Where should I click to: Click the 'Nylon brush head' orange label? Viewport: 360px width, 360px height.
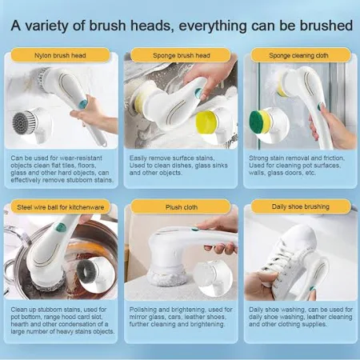60,55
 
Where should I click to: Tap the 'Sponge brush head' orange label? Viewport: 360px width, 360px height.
181,55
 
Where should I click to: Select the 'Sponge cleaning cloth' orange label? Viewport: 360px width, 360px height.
300,55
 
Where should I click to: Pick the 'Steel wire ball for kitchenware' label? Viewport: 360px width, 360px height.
60,207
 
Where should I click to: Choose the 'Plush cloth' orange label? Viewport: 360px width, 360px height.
181,207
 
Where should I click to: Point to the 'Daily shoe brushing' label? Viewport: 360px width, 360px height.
300,206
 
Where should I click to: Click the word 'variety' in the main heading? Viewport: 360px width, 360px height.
54,26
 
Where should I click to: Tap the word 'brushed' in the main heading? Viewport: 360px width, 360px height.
326,26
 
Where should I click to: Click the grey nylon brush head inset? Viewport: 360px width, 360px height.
25,123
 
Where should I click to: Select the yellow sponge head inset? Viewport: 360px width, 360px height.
206,123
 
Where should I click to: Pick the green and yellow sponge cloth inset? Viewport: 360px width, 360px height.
260,122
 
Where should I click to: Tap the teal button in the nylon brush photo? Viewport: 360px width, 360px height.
83,102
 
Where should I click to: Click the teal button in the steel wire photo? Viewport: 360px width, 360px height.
61,227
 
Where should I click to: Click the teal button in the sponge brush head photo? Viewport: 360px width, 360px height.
198,93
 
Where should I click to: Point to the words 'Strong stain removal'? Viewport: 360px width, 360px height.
278,158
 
